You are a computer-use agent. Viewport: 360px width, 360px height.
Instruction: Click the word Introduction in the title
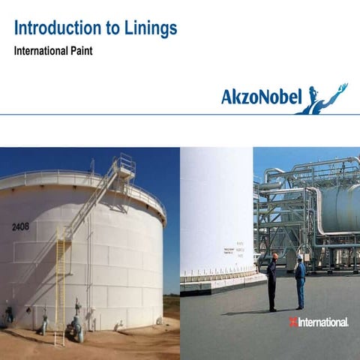pyautogui.click(x=55, y=29)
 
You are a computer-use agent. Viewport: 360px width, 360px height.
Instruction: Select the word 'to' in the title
pyautogui.click(x=109, y=29)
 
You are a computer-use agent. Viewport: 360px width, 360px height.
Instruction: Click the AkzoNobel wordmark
pyautogui.click(x=261, y=97)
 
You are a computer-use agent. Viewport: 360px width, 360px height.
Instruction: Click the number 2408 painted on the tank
pyautogui.click(x=20, y=226)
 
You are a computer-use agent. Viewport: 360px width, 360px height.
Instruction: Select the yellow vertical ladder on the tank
pyautogui.click(x=60, y=292)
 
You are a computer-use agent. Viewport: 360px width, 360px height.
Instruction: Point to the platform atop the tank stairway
pyautogui.click(x=124, y=166)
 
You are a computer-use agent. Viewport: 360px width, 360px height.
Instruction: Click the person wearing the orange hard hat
pyautogui.click(x=271, y=281)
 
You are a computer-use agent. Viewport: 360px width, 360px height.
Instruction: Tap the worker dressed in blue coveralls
pyautogui.click(x=300, y=282)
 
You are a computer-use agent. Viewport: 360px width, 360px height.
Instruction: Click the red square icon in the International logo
pyautogui.click(x=293, y=322)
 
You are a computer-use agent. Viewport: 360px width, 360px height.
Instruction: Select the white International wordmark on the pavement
pyautogui.click(x=323, y=322)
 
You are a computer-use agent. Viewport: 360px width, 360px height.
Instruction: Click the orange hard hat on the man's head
pyautogui.click(x=275, y=255)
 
